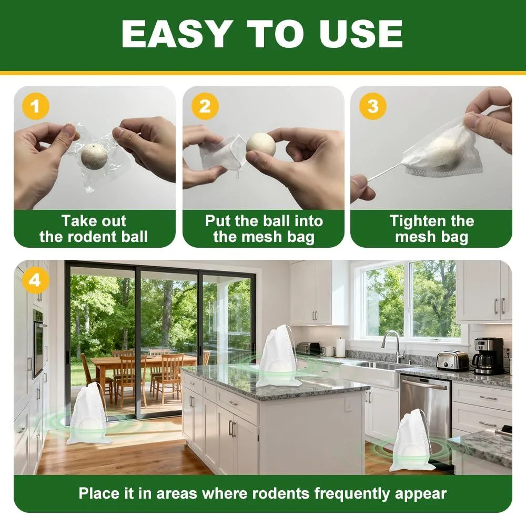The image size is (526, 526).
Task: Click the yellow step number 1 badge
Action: pos(36,106)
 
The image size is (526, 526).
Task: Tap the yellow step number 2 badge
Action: pos(205,106)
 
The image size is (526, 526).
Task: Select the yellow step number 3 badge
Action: pos(373,106)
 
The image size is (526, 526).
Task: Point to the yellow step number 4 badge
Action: pos(36,280)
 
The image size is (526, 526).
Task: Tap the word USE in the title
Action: pos(361,34)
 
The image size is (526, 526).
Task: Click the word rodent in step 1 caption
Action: pos(90,237)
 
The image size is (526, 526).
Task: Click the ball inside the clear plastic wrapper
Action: pos(94,156)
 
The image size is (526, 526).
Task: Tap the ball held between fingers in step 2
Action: pos(261,144)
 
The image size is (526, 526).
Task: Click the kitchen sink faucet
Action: pos(393,346)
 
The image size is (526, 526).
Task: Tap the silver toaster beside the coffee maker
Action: pos(452,360)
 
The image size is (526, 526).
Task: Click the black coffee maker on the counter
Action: pos(488,356)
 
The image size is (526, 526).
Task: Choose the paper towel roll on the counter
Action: pos(340,348)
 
